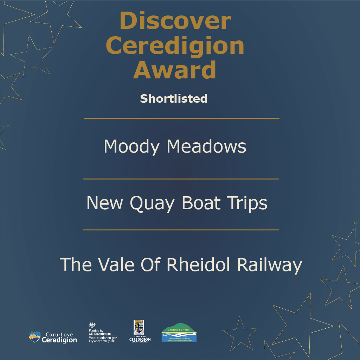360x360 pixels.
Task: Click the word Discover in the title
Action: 175,21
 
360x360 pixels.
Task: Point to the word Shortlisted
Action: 174,98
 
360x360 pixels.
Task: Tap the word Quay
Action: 153,204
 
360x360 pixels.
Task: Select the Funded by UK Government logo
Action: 103,333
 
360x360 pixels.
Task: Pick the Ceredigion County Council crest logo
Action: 140,331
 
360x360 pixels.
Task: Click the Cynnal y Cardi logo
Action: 179,333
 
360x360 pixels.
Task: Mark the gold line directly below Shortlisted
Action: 181,118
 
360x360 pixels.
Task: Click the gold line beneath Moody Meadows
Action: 181,179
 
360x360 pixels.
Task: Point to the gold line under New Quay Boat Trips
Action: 181,230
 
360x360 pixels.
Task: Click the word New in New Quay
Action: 106,203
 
